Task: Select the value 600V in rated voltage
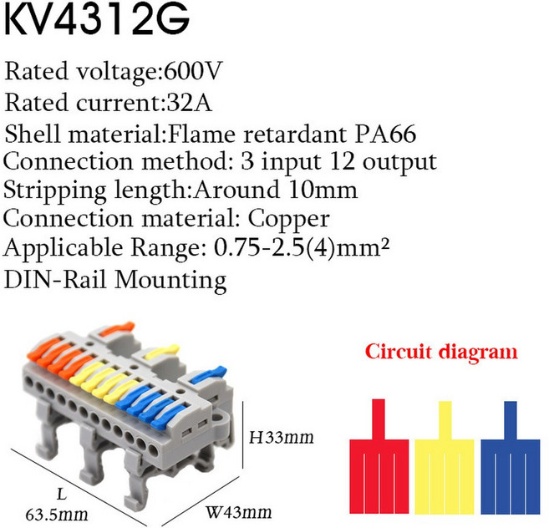click(193, 71)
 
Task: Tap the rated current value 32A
click(190, 102)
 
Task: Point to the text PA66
click(385, 134)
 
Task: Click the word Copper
click(289, 220)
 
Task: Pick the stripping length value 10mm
click(323, 190)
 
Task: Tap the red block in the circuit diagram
click(379, 476)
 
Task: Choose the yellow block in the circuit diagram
click(445, 476)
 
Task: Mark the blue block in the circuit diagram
click(511, 476)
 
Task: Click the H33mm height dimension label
click(281, 437)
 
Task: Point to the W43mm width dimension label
click(238, 512)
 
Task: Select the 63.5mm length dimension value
click(57, 515)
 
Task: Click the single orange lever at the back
click(117, 329)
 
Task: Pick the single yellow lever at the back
click(162, 352)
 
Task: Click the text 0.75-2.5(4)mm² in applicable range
click(302, 247)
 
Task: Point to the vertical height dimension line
click(242, 434)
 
